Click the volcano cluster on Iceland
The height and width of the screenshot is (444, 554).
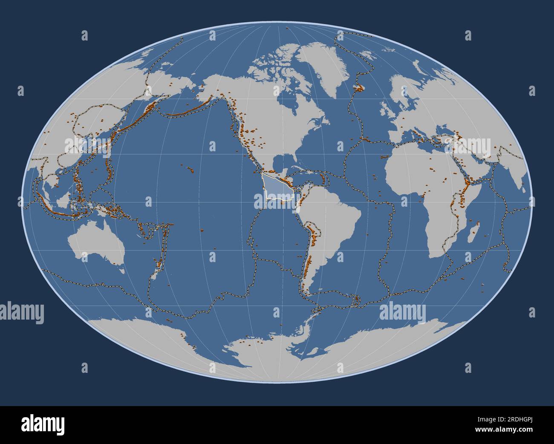pyautogui.click(x=361, y=87)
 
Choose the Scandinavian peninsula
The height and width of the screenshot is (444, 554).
pyautogui.click(x=401, y=94)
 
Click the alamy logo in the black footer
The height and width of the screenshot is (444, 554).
pyautogui.click(x=43, y=424)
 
